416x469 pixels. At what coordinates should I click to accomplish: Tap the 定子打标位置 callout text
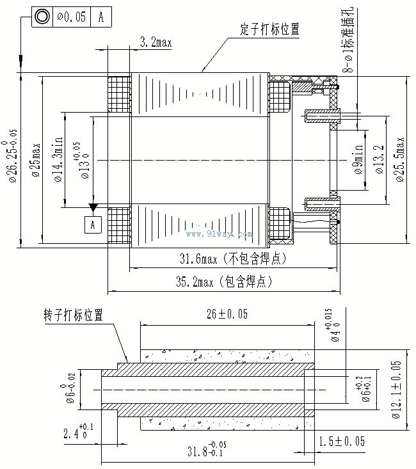click(x=269, y=29)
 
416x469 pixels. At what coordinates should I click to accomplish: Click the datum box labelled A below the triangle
click(x=93, y=225)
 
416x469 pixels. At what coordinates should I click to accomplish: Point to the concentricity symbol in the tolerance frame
click(x=42, y=17)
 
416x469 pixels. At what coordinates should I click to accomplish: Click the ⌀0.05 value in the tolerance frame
click(x=71, y=17)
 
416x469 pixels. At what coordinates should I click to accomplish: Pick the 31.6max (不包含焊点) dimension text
click(x=232, y=258)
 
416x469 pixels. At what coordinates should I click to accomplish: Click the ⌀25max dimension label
click(x=36, y=160)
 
